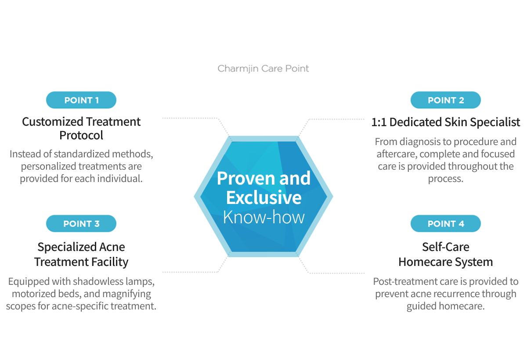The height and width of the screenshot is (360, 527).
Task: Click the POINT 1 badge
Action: pos(81,100)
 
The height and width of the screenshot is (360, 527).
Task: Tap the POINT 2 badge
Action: pos(445,100)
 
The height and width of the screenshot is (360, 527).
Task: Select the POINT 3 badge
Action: pos(81,224)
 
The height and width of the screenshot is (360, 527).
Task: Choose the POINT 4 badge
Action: pos(445,224)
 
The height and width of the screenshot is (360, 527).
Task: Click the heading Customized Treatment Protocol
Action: pos(81,128)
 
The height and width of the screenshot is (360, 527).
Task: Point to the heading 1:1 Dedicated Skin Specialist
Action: pos(445,122)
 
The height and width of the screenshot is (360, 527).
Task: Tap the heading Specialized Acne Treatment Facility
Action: pos(81,254)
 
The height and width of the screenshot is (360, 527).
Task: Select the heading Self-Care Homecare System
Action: pos(445,254)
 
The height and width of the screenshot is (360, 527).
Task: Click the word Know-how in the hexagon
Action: pos(263,217)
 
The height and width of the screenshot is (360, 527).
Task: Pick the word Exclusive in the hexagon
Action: pos(263,198)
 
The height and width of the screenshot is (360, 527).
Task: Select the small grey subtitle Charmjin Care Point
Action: pos(263,69)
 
